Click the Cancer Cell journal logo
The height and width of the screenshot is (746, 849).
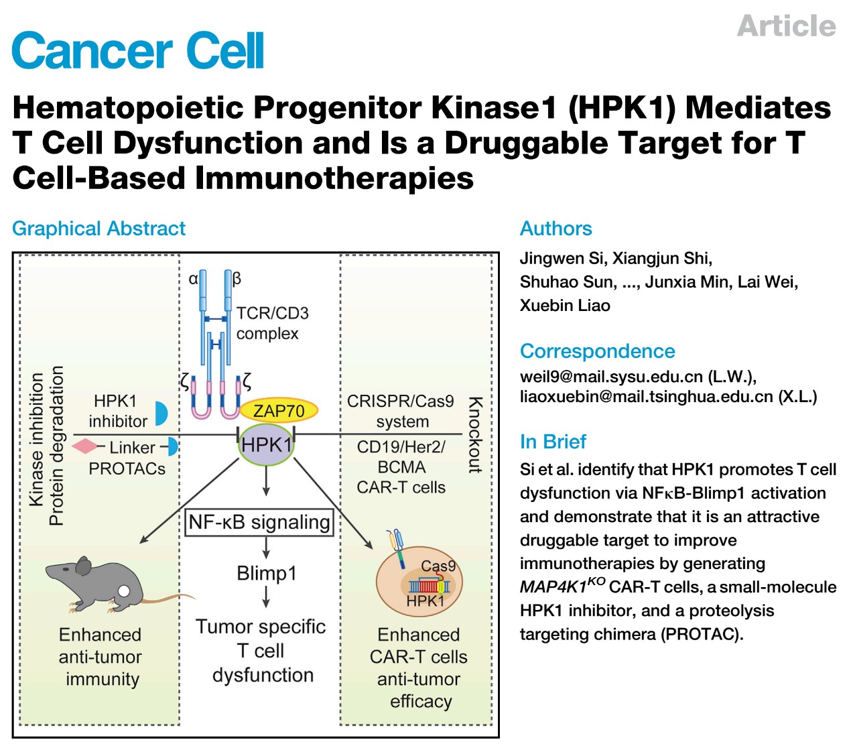click(138, 51)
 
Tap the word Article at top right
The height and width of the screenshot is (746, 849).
click(786, 26)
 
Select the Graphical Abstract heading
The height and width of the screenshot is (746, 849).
click(99, 229)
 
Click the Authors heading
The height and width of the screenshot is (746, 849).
click(556, 229)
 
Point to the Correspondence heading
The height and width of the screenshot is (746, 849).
click(597, 351)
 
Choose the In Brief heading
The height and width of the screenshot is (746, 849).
click(553, 442)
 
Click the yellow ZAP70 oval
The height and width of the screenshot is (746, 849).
click(278, 410)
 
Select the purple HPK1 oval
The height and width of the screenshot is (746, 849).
click(266, 445)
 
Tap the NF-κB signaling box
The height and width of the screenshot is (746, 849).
click(259, 522)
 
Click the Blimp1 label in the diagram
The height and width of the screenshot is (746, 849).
click(266, 574)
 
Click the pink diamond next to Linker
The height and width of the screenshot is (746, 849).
click(84, 446)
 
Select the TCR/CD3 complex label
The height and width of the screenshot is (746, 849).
click(271, 323)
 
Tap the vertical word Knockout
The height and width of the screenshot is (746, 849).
click(475, 436)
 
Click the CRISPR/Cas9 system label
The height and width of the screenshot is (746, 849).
click(401, 411)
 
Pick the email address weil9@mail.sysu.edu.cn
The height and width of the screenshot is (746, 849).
click(611, 377)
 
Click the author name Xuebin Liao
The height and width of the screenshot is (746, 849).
click(565, 306)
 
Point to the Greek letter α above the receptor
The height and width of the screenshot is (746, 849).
click(193, 278)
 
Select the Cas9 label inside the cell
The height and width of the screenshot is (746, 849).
click(438, 566)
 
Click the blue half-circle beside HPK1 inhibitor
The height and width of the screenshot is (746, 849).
click(161, 413)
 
